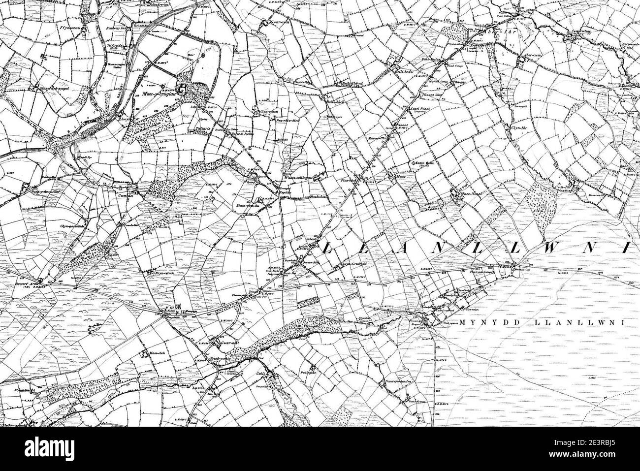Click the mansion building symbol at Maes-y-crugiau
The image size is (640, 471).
182,90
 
